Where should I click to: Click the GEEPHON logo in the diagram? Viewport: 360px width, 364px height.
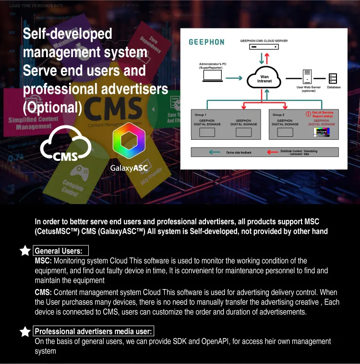(x=206, y=42)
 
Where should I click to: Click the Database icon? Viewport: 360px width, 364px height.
(x=333, y=78)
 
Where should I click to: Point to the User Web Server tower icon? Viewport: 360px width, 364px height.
(x=308, y=77)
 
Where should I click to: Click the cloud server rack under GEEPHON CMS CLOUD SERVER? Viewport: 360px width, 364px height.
(x=264, y=47)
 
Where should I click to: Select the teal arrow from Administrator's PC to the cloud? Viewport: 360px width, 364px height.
(x=234, y=78)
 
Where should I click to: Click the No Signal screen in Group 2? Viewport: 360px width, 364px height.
(x=321, y=131)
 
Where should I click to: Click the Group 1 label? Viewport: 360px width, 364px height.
(x=200, y=115)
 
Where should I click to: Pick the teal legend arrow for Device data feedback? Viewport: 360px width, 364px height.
(x=214, y=152)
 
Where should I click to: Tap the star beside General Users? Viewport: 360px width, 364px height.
(x=25, y=251)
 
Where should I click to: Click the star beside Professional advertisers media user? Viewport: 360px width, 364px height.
(x=25, y=332)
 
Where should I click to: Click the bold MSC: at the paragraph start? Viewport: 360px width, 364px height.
(x=43, y=261)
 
